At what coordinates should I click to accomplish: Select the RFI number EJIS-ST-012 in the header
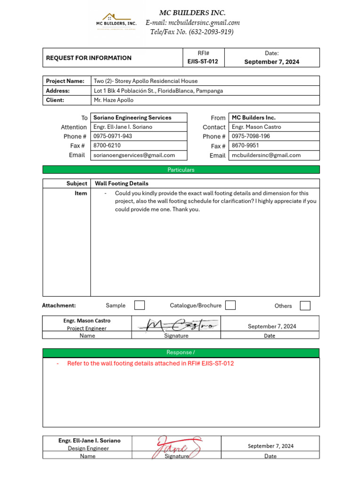pos(203,62)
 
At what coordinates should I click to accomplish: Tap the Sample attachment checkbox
pos(140,305)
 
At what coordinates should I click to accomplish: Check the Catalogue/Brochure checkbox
pos(230,305)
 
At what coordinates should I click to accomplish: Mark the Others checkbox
pos(305,306)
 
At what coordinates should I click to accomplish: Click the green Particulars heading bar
pos(181,170)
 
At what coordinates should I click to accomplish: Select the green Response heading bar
pos(181,352)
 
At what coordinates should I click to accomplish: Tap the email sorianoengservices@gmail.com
pos(134,155)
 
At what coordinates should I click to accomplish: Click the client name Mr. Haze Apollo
pos(114,100)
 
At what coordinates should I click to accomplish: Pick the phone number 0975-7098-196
pos(251,136)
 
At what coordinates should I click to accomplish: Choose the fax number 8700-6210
pos(107,146)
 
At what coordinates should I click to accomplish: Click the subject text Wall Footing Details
pos(122,183)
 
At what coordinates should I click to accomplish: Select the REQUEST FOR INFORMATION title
pos(89,58)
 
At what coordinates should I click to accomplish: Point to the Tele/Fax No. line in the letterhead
pos(192,32)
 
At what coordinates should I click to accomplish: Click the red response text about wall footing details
pos(150,364)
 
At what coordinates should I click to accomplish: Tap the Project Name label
pos(65,81)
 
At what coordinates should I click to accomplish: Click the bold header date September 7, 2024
pos(271,62)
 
